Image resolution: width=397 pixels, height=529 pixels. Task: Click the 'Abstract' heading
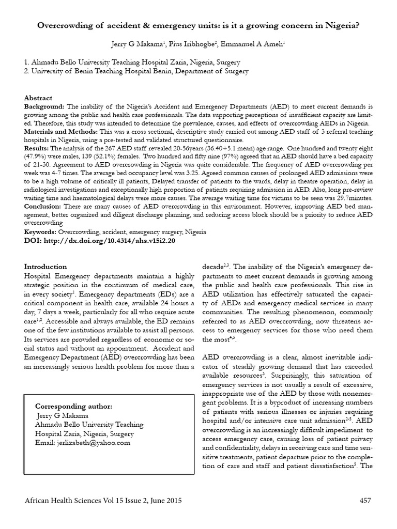(x=38, y=98)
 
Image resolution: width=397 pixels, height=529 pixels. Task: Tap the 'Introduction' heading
(x=45, y=267)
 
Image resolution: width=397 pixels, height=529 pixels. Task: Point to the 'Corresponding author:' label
(x=73, y=406)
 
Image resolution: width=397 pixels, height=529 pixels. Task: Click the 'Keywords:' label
(x=41, y=232)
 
